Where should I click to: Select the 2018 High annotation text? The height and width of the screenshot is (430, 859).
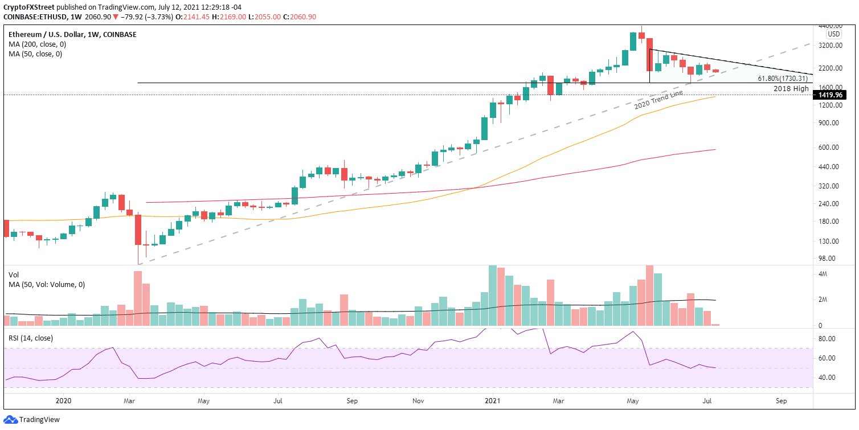[x=791, y=89]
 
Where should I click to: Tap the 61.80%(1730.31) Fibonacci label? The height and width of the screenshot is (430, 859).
[x=783, y=79]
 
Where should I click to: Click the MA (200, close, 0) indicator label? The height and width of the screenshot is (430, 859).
[x=35, y=44]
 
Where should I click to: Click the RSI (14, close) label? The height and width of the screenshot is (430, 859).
[x=31, y=338]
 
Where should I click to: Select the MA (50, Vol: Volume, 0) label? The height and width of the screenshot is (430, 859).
[x=47, y=285]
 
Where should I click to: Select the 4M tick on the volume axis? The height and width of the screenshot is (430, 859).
[x=824, y=275]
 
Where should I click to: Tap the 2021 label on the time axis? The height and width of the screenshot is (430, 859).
[x=493, y=400]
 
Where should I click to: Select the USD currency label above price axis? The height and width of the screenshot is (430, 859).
[x=834, y=34]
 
